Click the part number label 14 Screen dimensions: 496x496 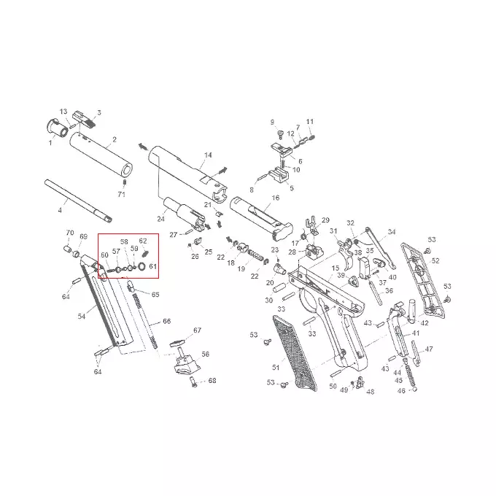point(208,155)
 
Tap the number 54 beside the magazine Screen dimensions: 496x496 point(82,316)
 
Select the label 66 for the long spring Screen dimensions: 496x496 point(167,321)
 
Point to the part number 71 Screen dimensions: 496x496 point(122,194)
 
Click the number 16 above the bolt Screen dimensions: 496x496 point(276,198)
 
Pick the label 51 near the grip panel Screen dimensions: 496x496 point(276,367)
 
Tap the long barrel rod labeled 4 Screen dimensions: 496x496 point(78,201)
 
